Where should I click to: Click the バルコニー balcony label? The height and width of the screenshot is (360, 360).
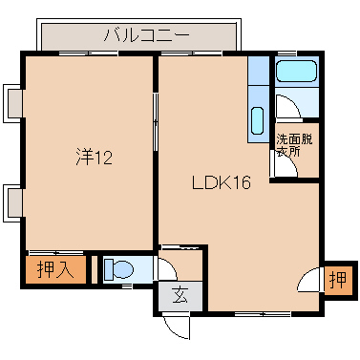(x=146, y=37)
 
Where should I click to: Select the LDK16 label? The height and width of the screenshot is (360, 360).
(x=221, y=183)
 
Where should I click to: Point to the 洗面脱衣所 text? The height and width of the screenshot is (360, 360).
(x=293, y=145)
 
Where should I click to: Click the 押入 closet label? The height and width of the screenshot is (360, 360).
(x=54, y=269)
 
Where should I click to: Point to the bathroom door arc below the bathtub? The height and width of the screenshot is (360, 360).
(x=286, y=105)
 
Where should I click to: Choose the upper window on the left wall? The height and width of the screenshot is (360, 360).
(x=12, y=102)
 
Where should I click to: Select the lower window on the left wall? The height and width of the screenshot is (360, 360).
(x=12, y=202)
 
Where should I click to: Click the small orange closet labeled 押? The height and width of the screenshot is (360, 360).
(x=336, y=280)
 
